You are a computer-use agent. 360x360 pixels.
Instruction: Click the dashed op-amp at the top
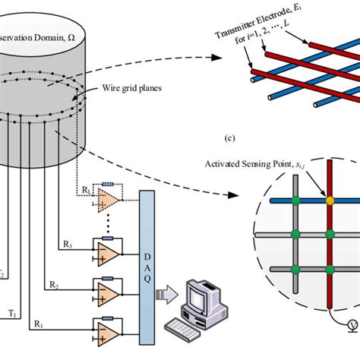(x=108, y=198)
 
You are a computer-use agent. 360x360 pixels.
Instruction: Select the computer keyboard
(x=183, y=328)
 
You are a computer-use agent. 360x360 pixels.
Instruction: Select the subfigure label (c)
(x=281, y=139)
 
